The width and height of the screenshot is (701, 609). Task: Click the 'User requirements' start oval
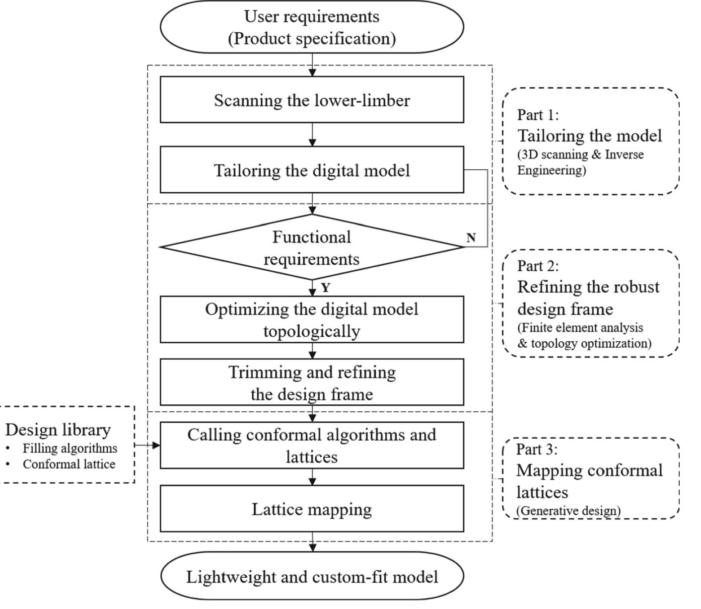(x=312, y=27)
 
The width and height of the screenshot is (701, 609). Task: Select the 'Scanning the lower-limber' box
(x=312, y=100)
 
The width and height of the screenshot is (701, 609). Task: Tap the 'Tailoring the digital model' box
(x=312, y=170)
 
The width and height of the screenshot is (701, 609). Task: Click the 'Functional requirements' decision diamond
(x=312, y=247)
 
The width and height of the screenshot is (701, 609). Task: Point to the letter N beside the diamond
(x=471, y=238)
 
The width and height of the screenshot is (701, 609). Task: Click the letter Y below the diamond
(x=326, y=288)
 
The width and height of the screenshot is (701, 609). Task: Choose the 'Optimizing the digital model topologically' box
(x=312, y=319)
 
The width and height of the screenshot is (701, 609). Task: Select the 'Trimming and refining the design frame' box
(x=312, y=382)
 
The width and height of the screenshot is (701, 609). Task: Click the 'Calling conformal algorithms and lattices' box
(x=312, y=445)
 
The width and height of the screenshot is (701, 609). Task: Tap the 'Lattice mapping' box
(x=312, y=509)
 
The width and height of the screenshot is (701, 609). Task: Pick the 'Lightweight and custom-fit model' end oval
(x=312, y=576)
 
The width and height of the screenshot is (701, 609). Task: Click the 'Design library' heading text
(x=58, y=430)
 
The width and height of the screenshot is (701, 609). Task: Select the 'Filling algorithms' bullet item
(x=70, y=448)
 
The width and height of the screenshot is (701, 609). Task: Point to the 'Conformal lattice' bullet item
(x=69, y=464)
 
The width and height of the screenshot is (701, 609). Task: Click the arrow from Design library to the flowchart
(x=148, y=445)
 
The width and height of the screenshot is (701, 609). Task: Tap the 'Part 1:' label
(x=538, y=115)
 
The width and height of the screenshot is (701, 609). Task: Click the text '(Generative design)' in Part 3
(x=568, y=511)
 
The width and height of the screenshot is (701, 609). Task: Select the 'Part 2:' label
(x=538, y=266)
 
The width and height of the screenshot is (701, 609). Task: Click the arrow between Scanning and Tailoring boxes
(x=312, y=135)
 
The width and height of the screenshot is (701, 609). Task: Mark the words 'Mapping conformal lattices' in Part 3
(x=589, y=481)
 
